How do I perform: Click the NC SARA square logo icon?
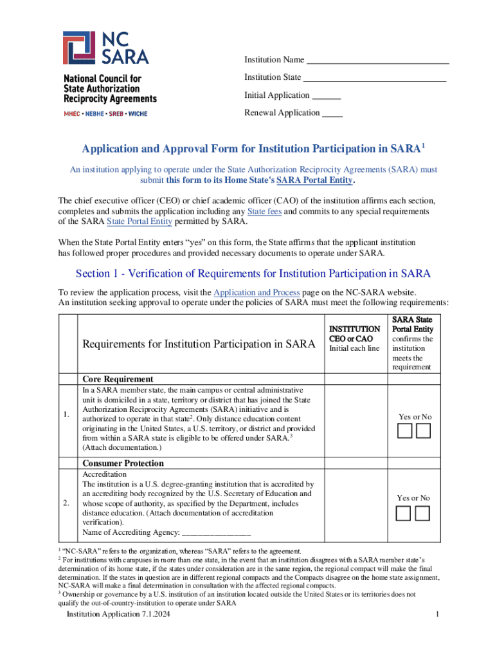pos(80,49)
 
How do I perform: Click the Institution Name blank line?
pos(377,61)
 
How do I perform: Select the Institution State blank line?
pos(375,79)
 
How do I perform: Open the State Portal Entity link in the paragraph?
pos(139,221)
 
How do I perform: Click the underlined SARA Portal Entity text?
pos(314,180)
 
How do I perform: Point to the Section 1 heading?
pos(253,274)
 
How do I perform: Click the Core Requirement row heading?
pos(118,379)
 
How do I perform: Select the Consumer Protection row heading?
pos(123,463)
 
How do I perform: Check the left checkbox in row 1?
pos(404,432)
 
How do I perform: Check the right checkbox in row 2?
pos(423,513)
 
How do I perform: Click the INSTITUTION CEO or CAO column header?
pos(350,333)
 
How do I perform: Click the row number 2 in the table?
pos(66,503)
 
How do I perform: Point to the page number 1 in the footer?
pos(437,615)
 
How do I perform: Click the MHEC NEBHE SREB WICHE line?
pos(105,114)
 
